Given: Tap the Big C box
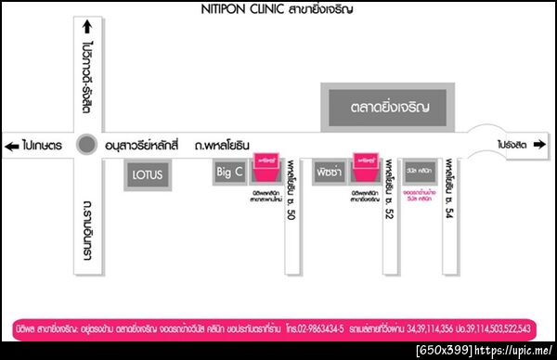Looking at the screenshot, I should tap(230, 173).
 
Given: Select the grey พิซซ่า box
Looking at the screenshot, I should tap(329, 174).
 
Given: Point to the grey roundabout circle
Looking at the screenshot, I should tap(86, 145).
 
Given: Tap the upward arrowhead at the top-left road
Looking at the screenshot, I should tap(87, 26).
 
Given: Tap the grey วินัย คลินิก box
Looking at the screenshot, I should tap(420, 173).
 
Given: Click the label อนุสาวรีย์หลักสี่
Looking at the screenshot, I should tap(140, 146).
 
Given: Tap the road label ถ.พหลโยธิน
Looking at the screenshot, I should tap(226, 146).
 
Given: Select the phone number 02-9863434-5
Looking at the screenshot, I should tap(316, 328).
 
